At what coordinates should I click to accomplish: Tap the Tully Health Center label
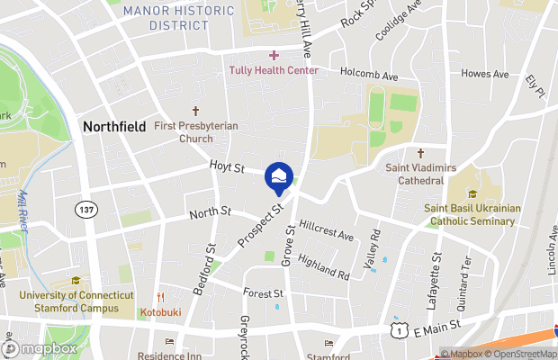274,70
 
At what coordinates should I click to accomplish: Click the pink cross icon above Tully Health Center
274,56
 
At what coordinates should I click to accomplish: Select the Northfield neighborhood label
114,127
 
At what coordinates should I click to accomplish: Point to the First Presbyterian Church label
195,132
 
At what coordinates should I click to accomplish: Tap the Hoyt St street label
227,167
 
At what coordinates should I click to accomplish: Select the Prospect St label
261,225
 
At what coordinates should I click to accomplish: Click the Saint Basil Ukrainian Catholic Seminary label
472,214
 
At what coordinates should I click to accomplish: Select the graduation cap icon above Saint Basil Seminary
472,193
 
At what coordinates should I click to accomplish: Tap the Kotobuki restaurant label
162,312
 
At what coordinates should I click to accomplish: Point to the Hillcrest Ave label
327,230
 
